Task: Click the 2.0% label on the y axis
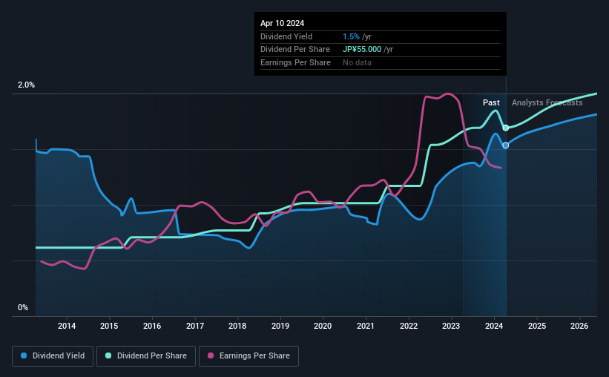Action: click(26, 85)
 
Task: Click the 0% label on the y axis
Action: click(23, 307)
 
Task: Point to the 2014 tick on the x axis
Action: click(67, 326)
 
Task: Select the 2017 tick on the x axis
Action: click(194, 326)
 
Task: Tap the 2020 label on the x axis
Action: click(323, 326)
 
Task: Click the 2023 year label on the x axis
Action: click(451, 326)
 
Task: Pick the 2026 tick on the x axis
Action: click(579, 326)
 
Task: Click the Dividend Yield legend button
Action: click(53, 356)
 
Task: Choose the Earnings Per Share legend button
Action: click(248, 356)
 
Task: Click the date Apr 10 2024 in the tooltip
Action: click(282, 23)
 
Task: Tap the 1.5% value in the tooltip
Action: click(352, 36)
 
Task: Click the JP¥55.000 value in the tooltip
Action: click(363, 49)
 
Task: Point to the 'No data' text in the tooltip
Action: click(358, 62)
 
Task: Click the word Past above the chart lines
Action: click(491, 102)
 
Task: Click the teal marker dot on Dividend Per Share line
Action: click(505, 128)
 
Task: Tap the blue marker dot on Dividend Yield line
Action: click(506, 145)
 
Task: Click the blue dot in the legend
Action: click(24, 356)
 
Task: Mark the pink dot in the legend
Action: click(211, 356)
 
